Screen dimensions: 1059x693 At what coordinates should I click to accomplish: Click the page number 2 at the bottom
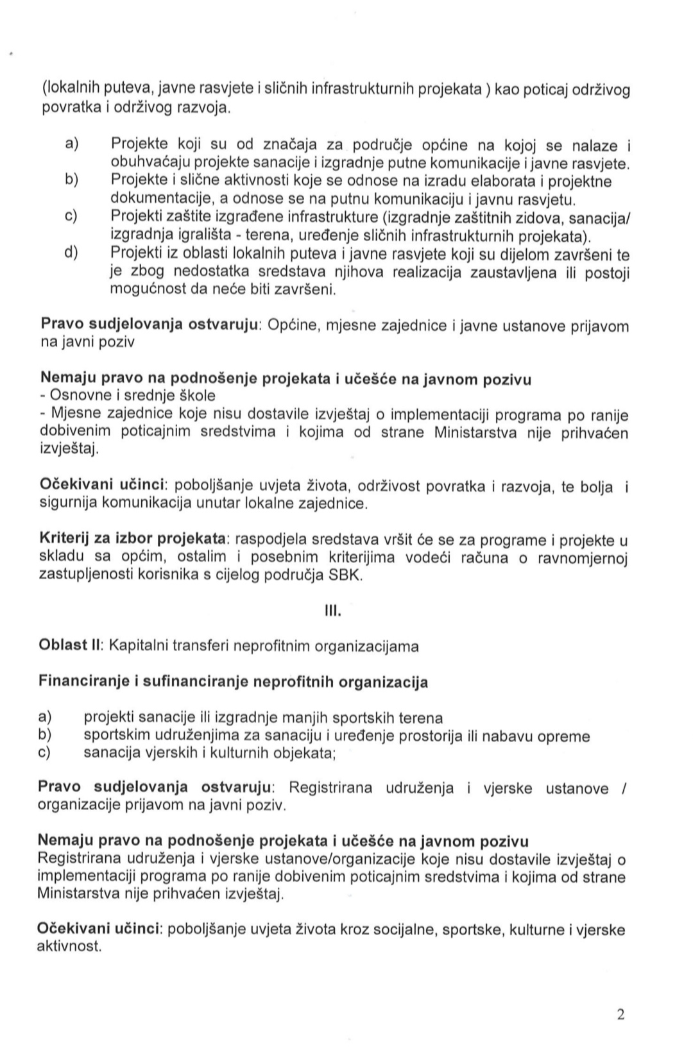620,1014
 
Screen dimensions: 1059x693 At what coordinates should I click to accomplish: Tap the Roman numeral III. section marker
334,610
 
